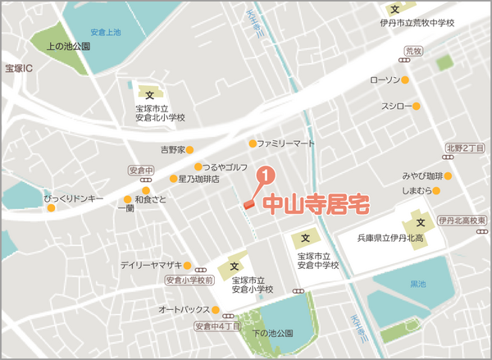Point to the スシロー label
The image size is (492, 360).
click(395, 107)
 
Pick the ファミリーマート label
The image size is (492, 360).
click(286, 143)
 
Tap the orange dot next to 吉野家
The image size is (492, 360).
click(189, 150)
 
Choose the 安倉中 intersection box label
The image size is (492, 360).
click(142, 171)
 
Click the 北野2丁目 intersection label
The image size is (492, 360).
click(466, 148)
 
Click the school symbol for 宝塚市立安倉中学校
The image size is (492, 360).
click(305, 239)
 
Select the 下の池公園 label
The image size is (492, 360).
click(272, 334)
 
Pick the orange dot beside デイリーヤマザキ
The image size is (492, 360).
click(188, 266)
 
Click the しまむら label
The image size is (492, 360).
click(417, 191)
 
